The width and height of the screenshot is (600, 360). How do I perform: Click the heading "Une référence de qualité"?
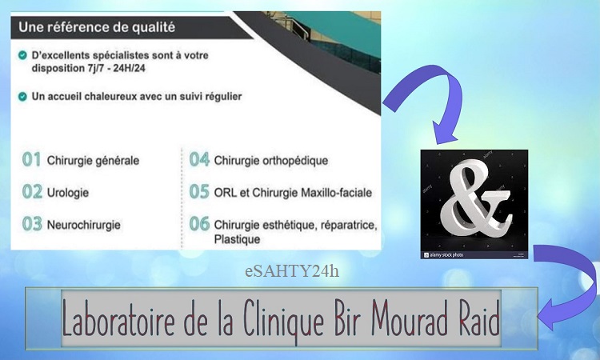tap(97, 27)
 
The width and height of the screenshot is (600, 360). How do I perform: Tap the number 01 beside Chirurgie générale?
tap(31, 159)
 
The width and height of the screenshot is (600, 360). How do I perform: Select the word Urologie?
tap(68, 193)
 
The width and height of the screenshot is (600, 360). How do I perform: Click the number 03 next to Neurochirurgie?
tap(32, 224)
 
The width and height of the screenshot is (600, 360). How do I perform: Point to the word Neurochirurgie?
tap(83, 225)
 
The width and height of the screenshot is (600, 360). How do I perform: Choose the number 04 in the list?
tap(199, 159)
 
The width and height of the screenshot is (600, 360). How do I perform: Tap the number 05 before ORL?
tap(199, 192)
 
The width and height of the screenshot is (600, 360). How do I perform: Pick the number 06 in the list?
tap(199, 224)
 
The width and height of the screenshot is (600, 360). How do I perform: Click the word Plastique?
tap(237, 239)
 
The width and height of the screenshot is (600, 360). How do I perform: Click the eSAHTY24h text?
tap(292, 271)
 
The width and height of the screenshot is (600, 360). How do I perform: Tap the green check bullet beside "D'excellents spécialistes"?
tap(22, 55)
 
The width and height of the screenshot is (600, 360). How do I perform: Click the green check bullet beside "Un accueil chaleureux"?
tap(22, 97)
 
